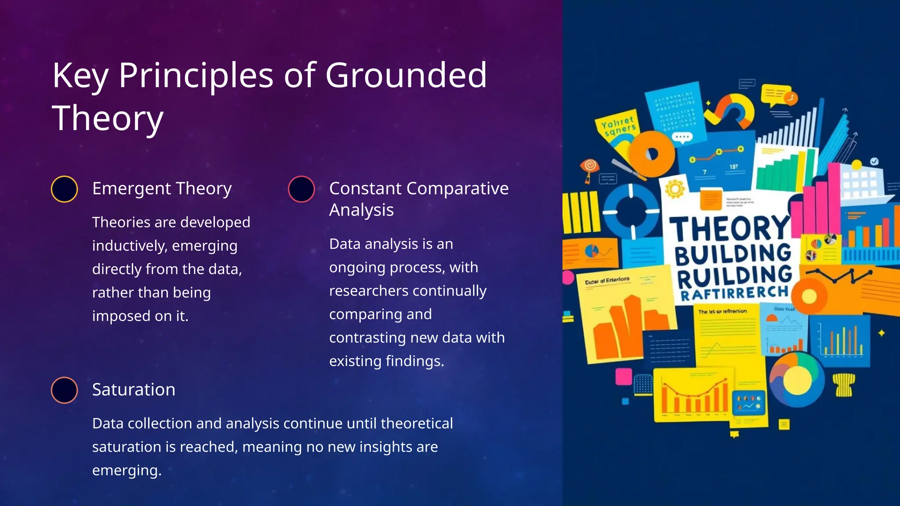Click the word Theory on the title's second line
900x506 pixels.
click(x=108, y=118)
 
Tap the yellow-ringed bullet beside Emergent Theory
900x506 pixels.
click(x=65, y=189)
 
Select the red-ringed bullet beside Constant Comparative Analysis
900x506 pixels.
click(x=301, y=189)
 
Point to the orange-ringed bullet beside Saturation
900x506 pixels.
click(x=65, y=390)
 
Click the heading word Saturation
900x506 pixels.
click(x=134, y=390)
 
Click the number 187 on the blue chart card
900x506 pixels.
click(x=733, y=167)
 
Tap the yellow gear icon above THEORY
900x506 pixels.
click(x=675, y=189)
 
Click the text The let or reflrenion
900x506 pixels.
click(x=722, y=311)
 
